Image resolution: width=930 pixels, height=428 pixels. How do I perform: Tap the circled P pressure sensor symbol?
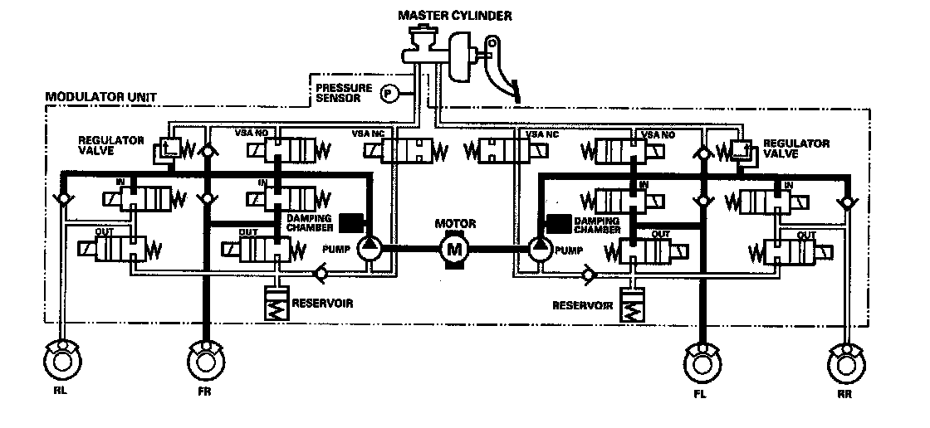point(388,94)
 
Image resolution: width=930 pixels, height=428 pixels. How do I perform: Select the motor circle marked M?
point(453,247)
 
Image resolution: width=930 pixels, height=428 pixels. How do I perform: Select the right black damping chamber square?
point(558,222)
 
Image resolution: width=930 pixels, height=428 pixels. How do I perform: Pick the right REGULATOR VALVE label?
point(796,148)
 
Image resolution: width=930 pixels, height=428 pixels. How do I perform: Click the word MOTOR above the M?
point(453,222)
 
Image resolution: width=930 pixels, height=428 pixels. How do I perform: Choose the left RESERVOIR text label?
point(321,303)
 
